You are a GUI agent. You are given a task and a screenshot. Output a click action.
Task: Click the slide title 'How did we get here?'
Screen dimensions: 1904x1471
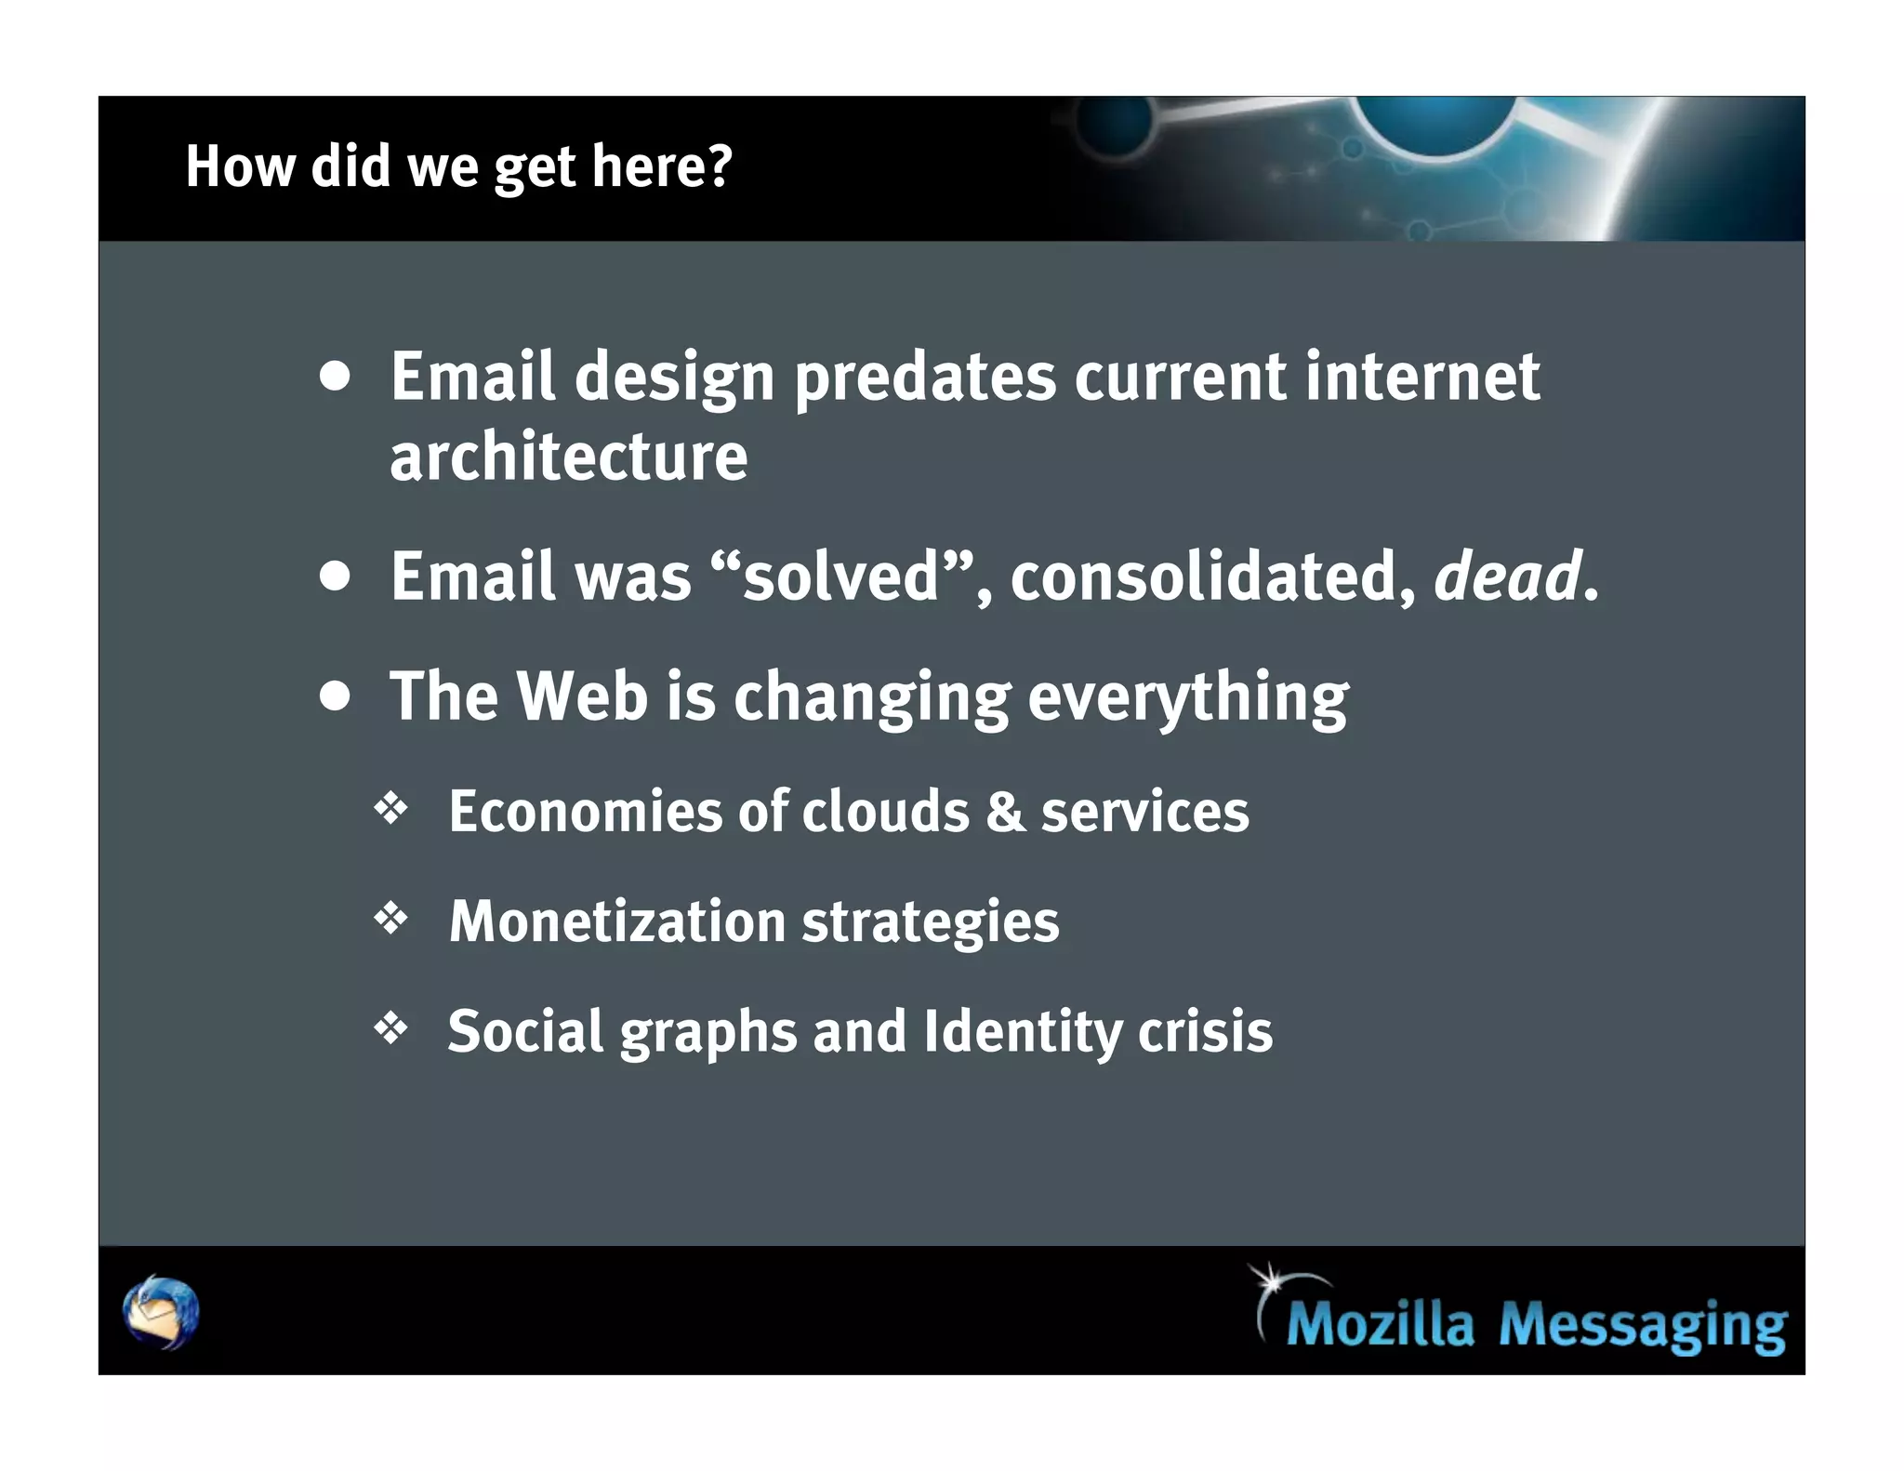459,167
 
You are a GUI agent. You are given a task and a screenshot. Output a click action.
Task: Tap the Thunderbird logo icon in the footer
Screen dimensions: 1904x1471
161,1312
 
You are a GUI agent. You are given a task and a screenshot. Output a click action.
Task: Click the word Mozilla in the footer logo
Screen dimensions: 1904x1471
1380,1324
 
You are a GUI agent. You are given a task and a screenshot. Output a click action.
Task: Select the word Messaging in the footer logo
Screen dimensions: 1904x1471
1642,1326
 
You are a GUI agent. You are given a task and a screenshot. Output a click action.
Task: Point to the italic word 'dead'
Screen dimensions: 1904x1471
1507,576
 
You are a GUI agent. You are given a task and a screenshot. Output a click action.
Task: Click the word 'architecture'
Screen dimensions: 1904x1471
568,457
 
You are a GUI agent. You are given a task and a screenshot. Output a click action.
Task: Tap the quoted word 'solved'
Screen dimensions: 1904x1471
841,576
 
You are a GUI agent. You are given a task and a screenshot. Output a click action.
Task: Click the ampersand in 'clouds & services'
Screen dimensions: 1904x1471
1005,811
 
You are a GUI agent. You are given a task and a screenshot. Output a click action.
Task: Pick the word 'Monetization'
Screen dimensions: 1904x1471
616,921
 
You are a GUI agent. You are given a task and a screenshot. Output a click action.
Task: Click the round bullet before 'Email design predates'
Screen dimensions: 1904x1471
335,377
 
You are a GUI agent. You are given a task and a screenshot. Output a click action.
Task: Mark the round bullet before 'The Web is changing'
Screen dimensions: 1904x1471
335,696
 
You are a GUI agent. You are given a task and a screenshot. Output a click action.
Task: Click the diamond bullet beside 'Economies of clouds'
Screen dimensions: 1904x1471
390,808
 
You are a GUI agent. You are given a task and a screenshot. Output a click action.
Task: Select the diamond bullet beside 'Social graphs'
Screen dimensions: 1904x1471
390,1028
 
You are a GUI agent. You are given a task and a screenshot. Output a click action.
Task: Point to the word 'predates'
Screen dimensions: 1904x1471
925,378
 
